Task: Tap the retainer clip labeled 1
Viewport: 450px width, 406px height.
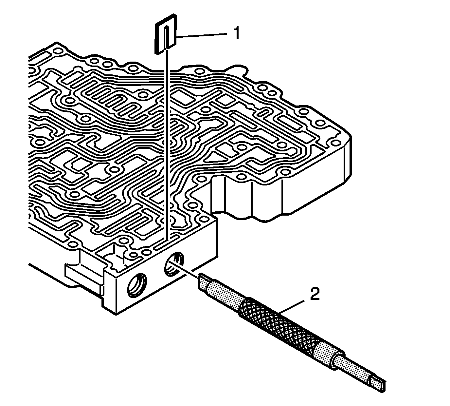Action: [x=166, y=34]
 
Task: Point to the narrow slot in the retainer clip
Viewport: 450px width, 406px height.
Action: [x=166, y=37]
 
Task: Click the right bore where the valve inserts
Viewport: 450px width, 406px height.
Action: [x=174, y=264]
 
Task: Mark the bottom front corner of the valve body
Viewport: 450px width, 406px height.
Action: [x=116, y=314]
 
